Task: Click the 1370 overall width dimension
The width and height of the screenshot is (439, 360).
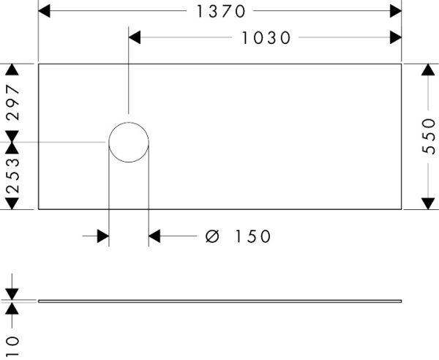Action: click(x=221, y=12)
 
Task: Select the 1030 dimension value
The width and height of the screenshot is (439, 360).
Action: click(x=266, y=38)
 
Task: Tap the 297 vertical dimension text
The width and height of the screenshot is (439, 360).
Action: click(x=13, y=102)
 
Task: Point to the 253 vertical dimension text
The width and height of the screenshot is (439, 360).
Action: click(x=13, y=176)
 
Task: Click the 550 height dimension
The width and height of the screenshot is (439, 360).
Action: click(x=429, y=136)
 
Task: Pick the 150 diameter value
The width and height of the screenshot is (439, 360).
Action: click(x=253, y=236)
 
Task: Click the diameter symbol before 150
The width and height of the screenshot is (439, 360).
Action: click(x=212, y=236)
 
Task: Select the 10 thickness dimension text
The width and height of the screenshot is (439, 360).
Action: click(x=13, y=346)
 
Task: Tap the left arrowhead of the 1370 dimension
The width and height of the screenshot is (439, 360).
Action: click(x=44, y=11)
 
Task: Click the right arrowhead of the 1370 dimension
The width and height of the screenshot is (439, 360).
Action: click(x=396, y=11)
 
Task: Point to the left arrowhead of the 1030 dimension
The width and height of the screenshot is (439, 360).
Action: click(x=135, y=37)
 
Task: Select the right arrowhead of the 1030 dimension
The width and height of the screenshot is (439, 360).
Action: click(x=396, y=37)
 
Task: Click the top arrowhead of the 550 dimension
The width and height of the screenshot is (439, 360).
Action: click(x=428, y=70)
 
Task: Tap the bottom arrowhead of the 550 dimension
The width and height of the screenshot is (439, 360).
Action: click(x=428, y=203)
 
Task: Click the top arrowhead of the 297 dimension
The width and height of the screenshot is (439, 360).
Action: click(x=12, y=70)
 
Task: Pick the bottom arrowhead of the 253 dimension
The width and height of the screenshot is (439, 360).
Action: click(x=12, y=203)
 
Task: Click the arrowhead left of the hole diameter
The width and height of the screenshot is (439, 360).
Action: click(x=103, y=236)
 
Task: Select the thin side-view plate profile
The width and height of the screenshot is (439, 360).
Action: click(x=219, y=301)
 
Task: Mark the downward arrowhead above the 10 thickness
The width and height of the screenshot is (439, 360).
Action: click(x=12, y=294)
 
